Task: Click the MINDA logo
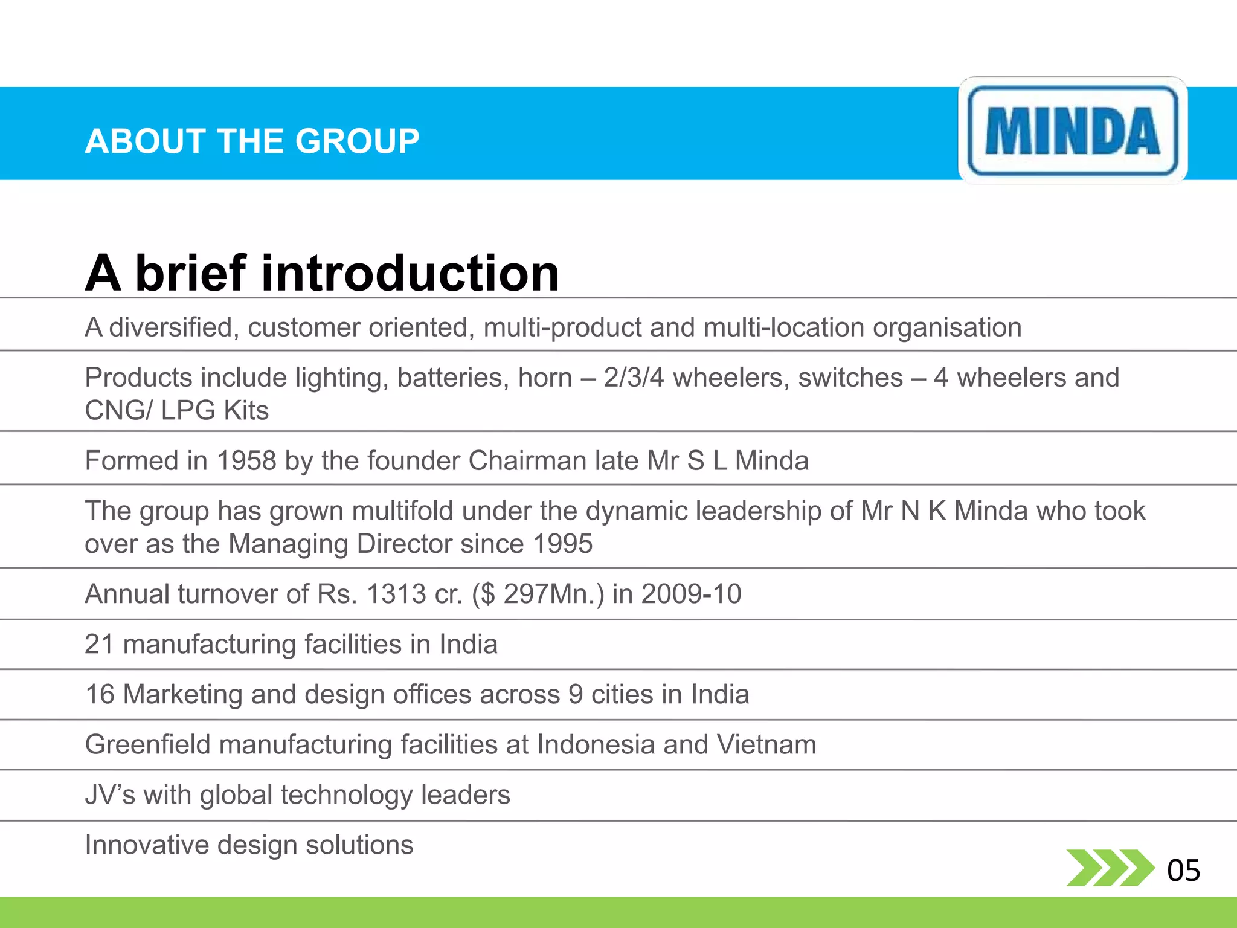tap(1073, 130)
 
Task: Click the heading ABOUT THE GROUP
tap(252, 141)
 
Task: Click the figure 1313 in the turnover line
tap(397, 594)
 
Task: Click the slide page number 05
tap(1183, 871)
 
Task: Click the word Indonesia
tap(596, 744)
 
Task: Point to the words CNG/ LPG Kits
tap(176, 411)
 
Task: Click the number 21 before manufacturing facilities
tap(99, 644)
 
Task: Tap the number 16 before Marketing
tap(100, 694)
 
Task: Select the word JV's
tap(110, 794)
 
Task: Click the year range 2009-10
tap(691, 594)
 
